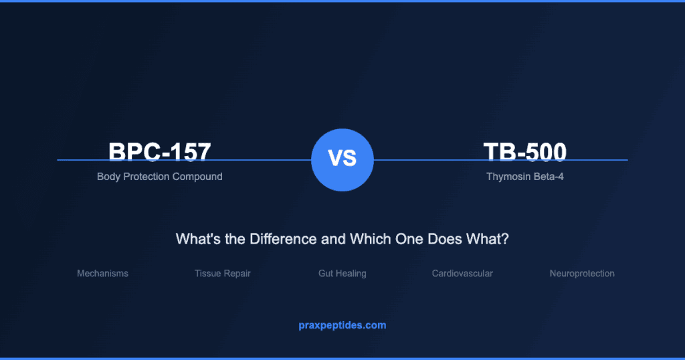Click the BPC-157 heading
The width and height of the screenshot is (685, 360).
[160, 152]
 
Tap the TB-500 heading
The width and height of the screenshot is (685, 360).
[525, 152]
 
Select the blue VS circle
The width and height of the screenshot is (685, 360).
[342, 160]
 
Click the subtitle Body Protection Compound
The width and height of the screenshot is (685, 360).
[160, 177]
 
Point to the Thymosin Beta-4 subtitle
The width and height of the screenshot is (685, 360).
[525, 177]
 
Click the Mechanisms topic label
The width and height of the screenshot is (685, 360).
[102, 274]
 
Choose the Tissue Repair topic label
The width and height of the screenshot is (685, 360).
[223, 274]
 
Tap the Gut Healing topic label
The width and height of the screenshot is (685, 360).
[342, 274]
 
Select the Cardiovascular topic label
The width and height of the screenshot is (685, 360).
[462, 274]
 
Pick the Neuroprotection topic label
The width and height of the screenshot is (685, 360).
[582, 274]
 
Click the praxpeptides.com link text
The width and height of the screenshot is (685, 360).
[342, 325]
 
